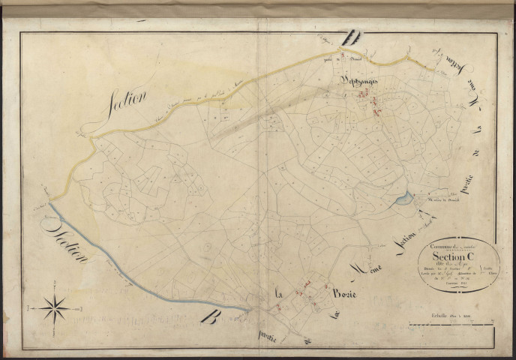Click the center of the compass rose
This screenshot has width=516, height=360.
click(x=55, y=307)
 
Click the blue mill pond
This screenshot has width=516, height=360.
click(x=403, y=198)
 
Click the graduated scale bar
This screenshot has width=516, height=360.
click(x=447, y=322)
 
